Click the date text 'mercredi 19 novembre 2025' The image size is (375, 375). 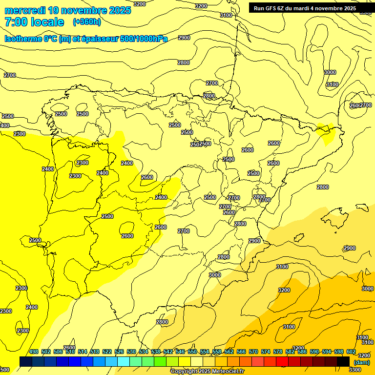[68, 10]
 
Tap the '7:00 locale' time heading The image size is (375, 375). [34, 22]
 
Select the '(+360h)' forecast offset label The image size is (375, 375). [87, 22]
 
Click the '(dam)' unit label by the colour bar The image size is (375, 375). [362, 362]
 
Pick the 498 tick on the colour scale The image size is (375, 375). [34, 352]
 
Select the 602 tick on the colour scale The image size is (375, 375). [351, 352]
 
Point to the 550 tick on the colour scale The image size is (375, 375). [192, 352]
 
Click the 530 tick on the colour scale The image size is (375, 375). [131, 352]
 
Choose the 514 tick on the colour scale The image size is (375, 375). [83, 352]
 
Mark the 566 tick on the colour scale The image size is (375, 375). [241, 352]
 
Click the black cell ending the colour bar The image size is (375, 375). [343, 361]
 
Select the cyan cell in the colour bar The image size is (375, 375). [124, 361]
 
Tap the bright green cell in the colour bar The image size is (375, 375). [160, 361]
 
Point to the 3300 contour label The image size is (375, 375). [355, 370]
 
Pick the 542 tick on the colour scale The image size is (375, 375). [168, 352]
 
